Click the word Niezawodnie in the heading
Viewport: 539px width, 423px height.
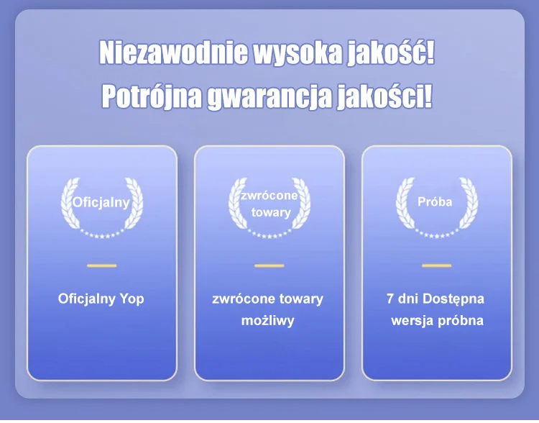click(x=174, y=53)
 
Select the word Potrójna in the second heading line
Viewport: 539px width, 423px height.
click(x=152, y=96)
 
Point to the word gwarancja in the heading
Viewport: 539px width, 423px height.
click(x=269, y=97)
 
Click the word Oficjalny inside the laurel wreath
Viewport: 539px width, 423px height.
click(x=101, y=202)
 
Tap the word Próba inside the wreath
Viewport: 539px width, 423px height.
click(x=435, y=201)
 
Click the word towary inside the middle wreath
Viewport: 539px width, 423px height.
click(x=271, y=212)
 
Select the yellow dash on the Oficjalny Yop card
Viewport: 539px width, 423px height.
click(x=102, y=265)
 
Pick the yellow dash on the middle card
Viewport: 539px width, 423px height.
click(x=269, y=265)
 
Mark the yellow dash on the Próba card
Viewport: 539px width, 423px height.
click(x=436, y=265)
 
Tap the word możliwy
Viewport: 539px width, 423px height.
click(x=268, y=321)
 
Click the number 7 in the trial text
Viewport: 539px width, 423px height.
click(x=390, y=299)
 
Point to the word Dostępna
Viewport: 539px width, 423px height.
click(x=453, y=299)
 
